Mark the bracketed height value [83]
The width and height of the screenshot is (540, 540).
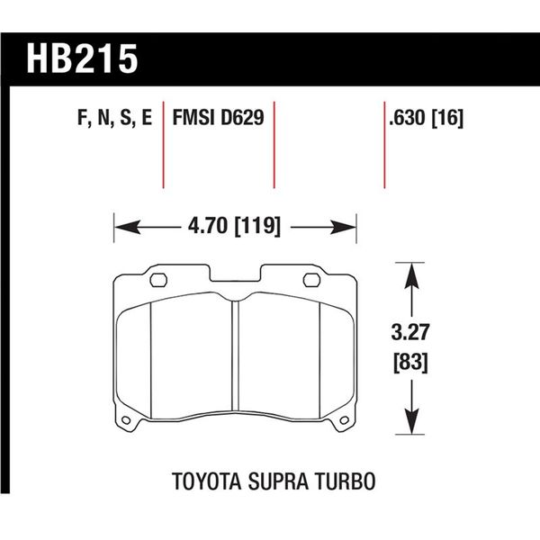tap(410, 364)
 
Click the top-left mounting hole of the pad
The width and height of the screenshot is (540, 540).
tap(154, 278)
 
